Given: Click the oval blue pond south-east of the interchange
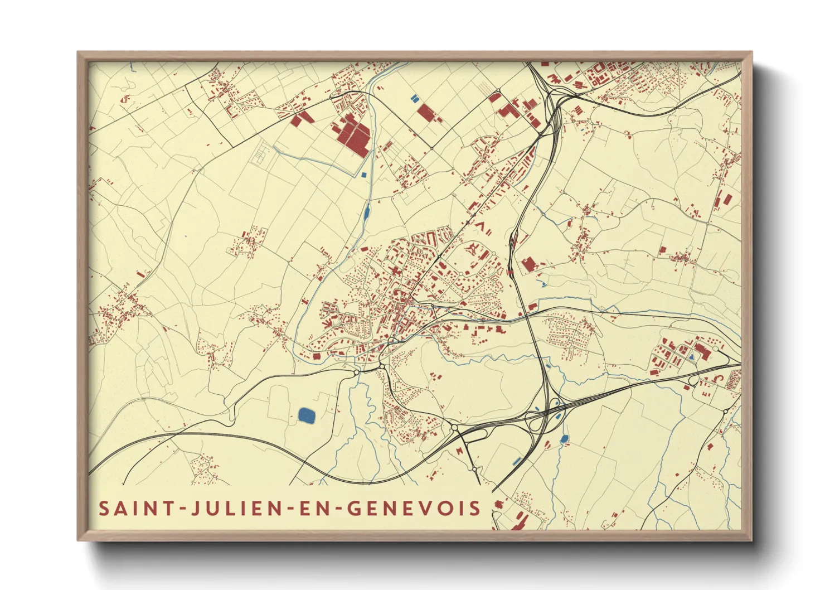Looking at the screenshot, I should tap(564, 439).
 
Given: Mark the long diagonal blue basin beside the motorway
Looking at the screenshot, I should tap(517, 461).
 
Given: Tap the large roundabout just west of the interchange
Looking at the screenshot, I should tap(455, 428).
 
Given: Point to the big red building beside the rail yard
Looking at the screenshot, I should tap(528, 264).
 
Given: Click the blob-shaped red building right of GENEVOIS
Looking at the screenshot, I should tap(498, 505).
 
